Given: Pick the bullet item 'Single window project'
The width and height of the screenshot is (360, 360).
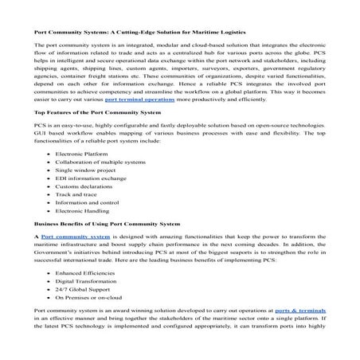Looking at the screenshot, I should click(x=85, y=193).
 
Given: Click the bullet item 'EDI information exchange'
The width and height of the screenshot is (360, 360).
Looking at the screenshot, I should click(x=90, y=202).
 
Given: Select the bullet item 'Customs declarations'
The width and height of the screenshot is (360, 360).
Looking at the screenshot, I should click(x=84, y=212).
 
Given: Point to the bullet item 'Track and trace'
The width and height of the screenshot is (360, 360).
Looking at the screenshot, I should click(x=77, y=221).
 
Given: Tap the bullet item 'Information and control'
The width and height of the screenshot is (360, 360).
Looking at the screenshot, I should click(x=86, y=230).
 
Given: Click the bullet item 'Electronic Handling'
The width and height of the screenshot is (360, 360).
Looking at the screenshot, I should click(x=83, y=240).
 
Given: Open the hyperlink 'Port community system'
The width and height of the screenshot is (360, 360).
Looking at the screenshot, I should click(x=76, y=260).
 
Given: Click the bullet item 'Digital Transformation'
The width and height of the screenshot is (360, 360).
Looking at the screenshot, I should click(x=85, y=307).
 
